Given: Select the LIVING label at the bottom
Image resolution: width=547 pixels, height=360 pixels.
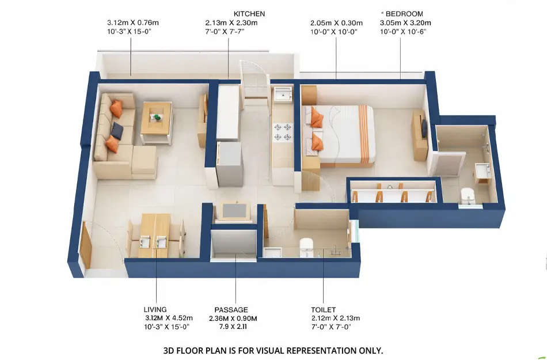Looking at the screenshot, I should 155,309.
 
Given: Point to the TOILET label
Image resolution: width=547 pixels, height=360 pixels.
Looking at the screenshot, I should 323,309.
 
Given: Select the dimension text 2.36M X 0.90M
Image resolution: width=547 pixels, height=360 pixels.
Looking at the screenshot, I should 232,318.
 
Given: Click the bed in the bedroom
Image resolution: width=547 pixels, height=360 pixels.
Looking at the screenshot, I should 343,134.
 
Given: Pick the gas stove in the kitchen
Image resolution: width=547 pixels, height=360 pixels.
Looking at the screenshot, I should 283,131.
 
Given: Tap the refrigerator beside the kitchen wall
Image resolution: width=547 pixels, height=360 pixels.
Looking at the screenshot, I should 229,164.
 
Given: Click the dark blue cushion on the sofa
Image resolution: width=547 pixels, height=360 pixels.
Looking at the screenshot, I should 117,131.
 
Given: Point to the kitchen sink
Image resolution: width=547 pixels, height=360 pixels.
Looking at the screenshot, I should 283,94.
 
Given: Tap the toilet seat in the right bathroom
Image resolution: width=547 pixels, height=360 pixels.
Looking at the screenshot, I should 468,196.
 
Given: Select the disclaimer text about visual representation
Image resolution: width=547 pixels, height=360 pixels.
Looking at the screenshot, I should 273,350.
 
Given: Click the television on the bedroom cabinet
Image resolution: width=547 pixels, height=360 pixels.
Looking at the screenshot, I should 424,127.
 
